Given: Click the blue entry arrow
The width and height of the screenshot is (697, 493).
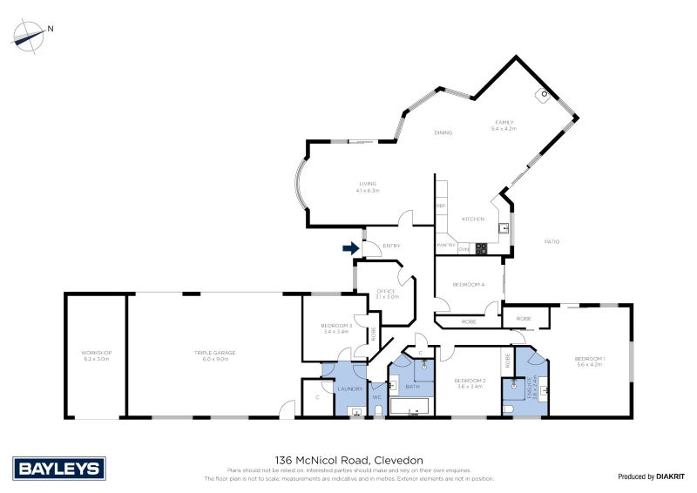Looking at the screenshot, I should coord(350,248).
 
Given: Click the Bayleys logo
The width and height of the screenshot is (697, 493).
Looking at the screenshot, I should coord(59,469).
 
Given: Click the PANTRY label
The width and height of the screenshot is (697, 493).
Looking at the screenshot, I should coord(446,245).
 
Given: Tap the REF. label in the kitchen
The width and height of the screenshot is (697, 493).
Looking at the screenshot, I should coord(441,206).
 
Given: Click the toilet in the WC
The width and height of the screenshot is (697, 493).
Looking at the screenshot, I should coord(377,410).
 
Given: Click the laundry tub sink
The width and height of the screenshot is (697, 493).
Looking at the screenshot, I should coord(355,410).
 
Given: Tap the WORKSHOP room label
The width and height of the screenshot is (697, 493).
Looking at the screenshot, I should coord(97,354).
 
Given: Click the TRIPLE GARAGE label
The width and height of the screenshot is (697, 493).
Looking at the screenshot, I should coord(214,354).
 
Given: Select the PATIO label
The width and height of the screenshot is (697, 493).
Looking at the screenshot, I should coord(552,241).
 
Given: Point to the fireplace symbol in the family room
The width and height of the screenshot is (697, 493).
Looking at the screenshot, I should coord(545,94).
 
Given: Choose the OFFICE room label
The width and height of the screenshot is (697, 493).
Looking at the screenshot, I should coord(386,291).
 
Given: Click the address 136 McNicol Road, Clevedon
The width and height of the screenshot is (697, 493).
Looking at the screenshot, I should coord(348,459).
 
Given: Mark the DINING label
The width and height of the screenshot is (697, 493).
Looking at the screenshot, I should coord(443,132).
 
